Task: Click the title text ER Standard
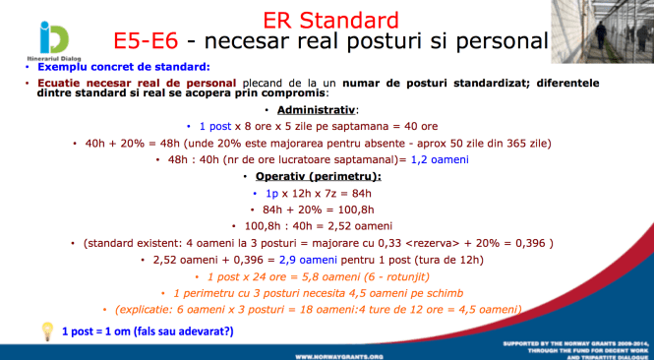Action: point(331,19)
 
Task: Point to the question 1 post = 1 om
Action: point(148,330)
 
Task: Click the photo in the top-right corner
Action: point(618,30)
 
